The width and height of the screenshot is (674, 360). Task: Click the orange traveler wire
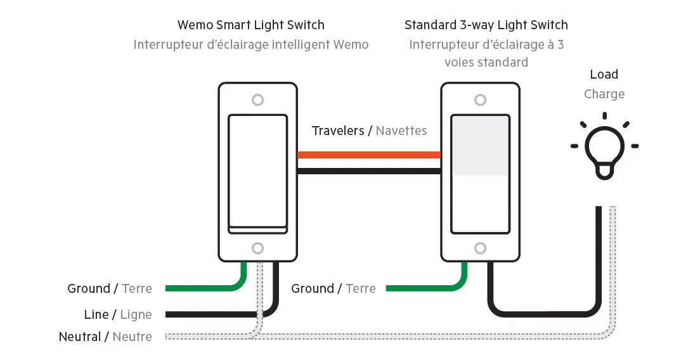coord(369,155)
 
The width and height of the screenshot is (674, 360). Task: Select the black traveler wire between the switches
coord(369,171)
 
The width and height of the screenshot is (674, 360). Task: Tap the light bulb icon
coord(604,148)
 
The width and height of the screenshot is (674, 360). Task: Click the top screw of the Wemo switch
coord(257,100)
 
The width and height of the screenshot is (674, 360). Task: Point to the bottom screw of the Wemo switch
coord(257,248)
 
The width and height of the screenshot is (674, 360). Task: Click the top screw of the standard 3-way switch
coord(481,100)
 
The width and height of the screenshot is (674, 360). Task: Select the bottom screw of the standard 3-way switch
coord(481,248)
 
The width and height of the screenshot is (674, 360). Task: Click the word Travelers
coord(338,131)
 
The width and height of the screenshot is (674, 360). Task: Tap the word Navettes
coord(401,131)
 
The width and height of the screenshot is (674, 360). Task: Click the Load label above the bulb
coord(604,74)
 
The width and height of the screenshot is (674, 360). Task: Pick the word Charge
coord(604,94)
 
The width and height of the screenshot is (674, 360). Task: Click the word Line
coord(96,314)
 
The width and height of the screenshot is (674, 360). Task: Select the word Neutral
coord(80,337)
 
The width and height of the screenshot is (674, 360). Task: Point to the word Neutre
coord(132,337)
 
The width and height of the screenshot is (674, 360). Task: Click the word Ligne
coord(136,314)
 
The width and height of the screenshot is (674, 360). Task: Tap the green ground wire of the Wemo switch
coord(203,288)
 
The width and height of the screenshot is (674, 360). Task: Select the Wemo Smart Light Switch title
coord(251,25)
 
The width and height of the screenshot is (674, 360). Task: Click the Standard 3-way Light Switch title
coord(486,25)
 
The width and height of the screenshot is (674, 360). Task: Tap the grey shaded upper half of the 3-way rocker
coord(480,146)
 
